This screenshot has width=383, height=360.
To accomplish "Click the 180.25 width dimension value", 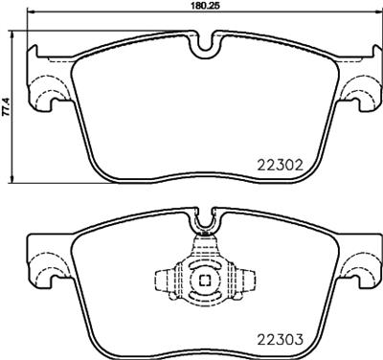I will pyautogui.click(x=198, y=6).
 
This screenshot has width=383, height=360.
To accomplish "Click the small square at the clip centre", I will pyautogui.click(x=202, y=281).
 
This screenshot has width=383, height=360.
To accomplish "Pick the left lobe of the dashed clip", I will pyautogui.click(x=165, y=281).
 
